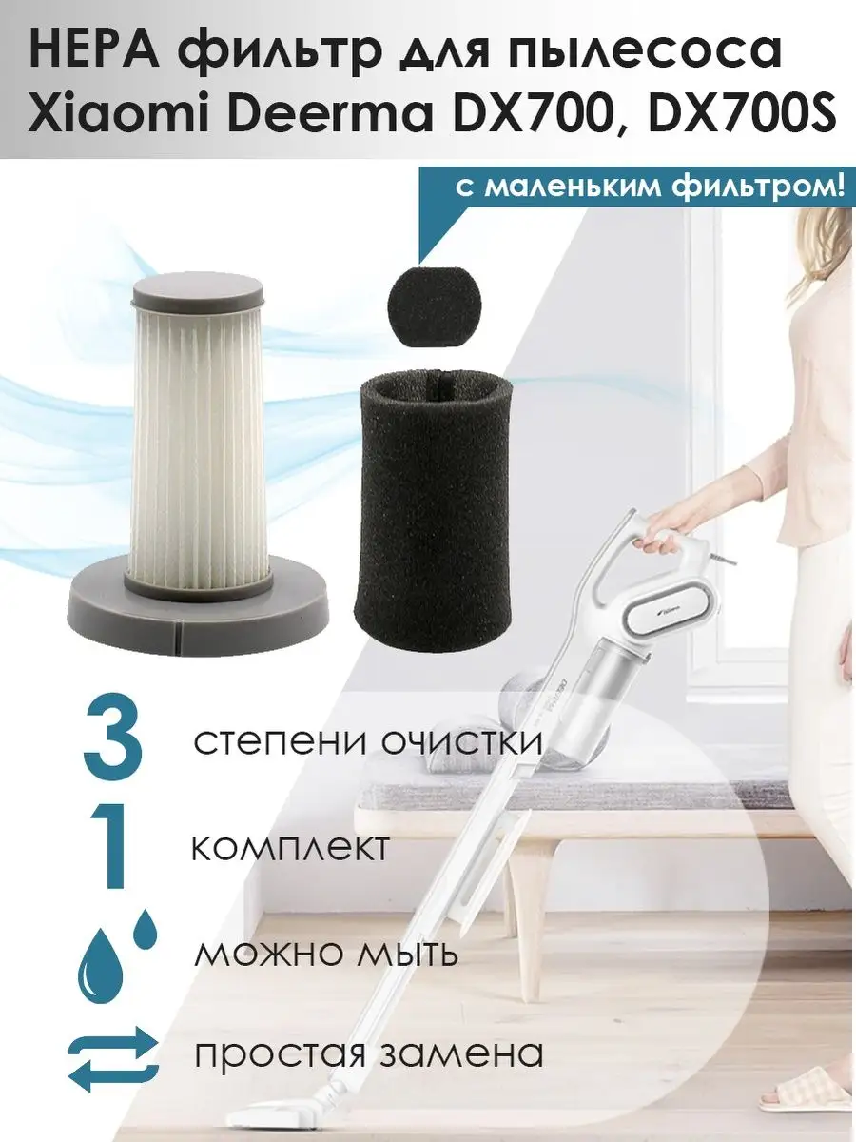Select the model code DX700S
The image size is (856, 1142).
[x=743, y=115]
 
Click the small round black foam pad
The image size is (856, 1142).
[x=436, y=301]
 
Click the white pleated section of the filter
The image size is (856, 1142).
[x=198, y=443]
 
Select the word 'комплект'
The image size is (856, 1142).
[x=291, y=851]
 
